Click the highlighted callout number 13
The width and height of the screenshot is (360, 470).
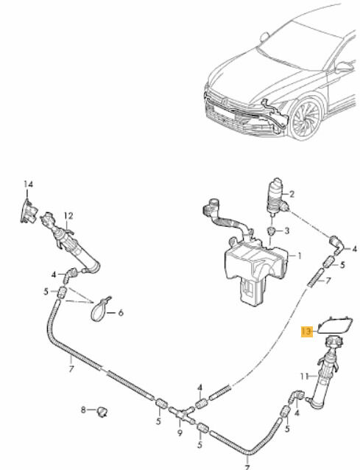coord(307,332)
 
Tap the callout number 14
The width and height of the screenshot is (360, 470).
coord(29,184)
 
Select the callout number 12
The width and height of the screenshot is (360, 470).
coord(68,216)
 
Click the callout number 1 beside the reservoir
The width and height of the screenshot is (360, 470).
coord(299,256)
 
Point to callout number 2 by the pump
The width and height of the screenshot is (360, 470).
coord(292,194)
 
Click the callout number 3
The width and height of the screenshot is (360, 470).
coord(287,231)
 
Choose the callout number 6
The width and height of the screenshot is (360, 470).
coord(121,313)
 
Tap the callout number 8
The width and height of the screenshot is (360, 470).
coord(84,410)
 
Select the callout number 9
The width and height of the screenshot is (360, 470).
coord(180,433)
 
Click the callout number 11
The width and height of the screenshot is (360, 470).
coord(304,376)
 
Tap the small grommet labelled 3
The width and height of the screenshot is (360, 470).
coord(272,231)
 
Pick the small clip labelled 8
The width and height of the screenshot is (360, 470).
coord(102,411)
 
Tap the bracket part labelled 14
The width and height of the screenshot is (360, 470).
coord(29,211)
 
